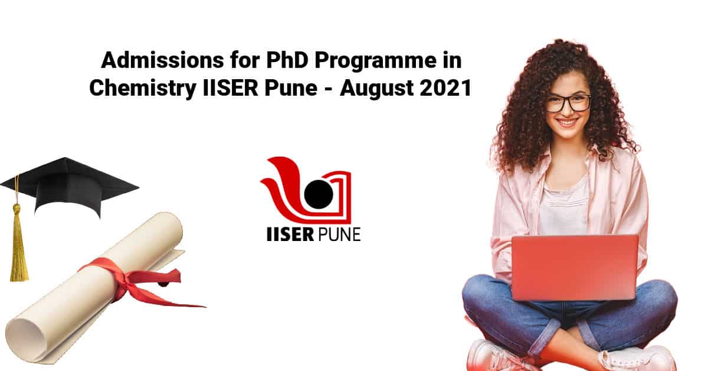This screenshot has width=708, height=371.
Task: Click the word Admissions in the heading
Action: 162,60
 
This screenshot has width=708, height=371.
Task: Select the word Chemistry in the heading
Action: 143,88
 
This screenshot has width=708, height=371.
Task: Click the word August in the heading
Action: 377,89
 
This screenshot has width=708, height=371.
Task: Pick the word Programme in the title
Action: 375,61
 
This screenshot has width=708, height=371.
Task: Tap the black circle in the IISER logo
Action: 319,194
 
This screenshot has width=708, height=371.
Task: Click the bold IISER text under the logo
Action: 290,235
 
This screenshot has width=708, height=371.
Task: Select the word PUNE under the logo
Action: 339,235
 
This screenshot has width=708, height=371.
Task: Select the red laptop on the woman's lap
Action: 574,268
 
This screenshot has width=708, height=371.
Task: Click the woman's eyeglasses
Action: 568,103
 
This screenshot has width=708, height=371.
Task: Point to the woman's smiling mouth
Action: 567,122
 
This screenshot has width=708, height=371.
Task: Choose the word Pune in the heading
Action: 291,88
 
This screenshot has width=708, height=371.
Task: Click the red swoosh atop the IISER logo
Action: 284,177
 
